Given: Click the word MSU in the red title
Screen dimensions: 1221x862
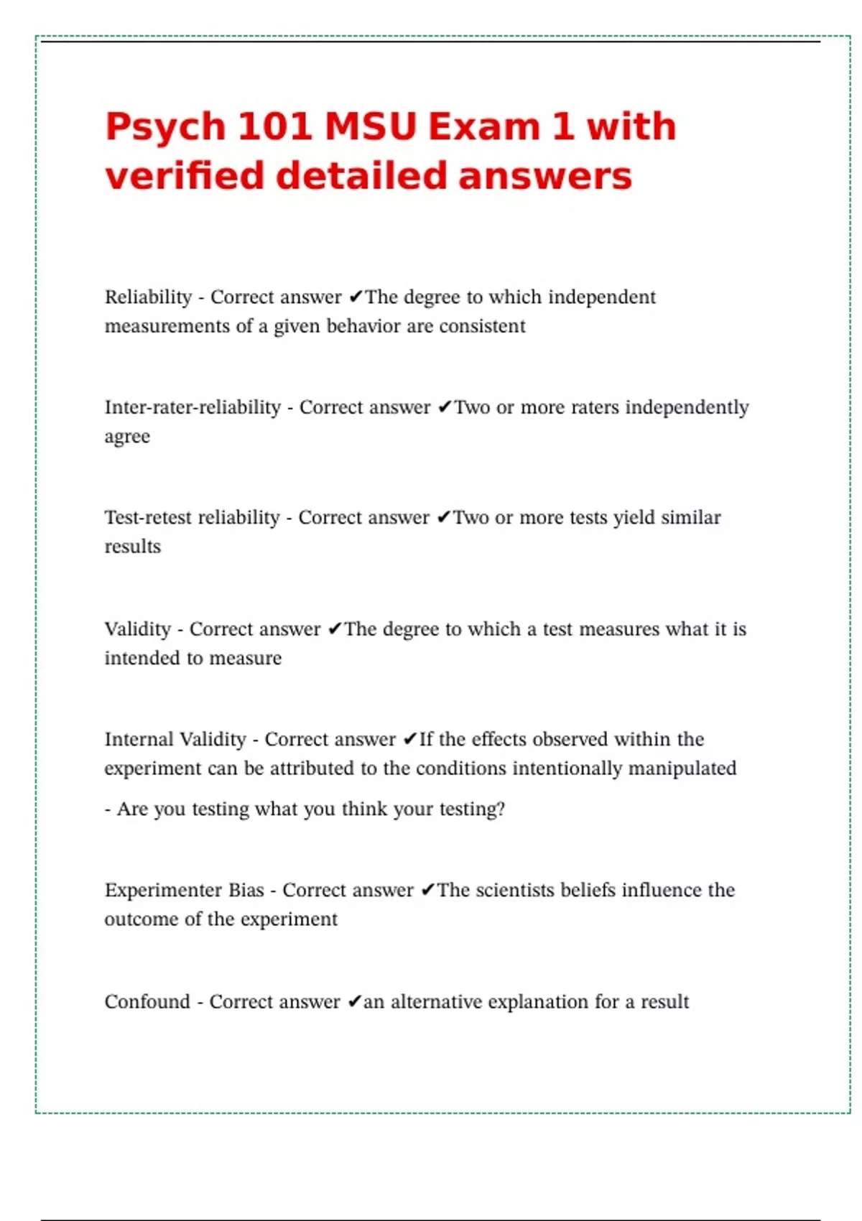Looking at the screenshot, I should (371, 126).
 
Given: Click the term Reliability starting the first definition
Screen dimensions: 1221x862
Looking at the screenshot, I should (148, 297).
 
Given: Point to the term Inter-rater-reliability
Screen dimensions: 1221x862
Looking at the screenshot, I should (193, 407).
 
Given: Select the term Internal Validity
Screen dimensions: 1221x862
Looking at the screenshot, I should (175, 739).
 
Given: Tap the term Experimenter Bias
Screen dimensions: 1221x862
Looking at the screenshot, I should (184, 890).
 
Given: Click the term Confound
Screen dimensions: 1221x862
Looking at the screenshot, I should (147, 1001).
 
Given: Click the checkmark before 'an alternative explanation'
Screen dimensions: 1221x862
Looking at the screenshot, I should (354, 1001).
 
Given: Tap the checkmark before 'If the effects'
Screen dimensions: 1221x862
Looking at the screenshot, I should (409, 739).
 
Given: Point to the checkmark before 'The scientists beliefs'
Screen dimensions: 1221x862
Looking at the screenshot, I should (427, 890).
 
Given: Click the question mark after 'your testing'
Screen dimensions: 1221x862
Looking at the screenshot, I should (501, 809).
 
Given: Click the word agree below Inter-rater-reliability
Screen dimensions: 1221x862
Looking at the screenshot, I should (127, 437).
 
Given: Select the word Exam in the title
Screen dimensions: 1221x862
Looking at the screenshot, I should (483, 126).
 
